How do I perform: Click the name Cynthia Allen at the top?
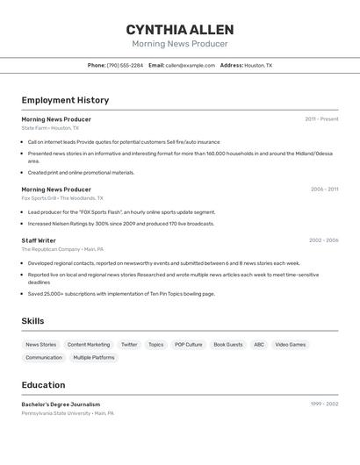(x=179, y=30)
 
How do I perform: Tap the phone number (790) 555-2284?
(x=125, y=65)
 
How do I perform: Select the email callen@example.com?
(x=191, y=65)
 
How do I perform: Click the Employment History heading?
(x=65, y=100)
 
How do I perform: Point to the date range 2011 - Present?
(x=321, y=119)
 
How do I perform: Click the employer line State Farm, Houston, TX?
(x=50, y=128)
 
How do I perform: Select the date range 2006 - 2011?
(x=324, y=189)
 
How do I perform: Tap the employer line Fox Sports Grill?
(x=62, y=198)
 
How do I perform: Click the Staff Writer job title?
(x=39, y=240)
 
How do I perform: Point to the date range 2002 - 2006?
(x=323, y=240)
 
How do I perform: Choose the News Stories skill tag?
(x=40, y=345)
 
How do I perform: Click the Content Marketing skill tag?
(x=89, y=345)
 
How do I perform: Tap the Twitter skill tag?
(x=129, y=345)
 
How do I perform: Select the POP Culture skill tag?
(x=188, y=345)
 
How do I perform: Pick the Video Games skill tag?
(x=291, y=345)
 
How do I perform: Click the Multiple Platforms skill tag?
(x=94, y=358)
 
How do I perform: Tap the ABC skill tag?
(x=259, y=345)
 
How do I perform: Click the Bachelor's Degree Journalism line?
(x=61, y=404)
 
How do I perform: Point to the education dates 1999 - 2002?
(x=324, y=404)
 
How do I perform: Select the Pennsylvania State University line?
(x=68, y=413)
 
